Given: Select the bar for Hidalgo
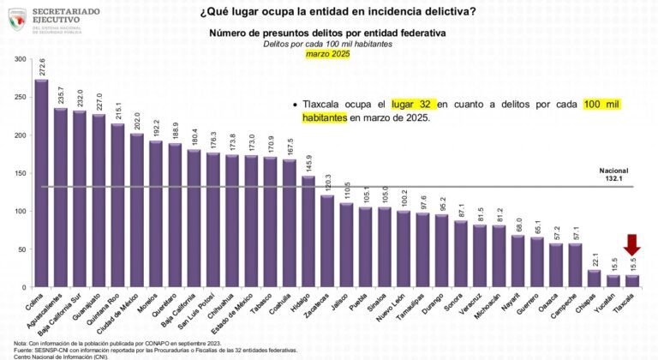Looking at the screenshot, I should [x=308, y=231].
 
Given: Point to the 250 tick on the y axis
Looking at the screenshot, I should [x=20, y=98].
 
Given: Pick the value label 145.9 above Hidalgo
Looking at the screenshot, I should [x=308, y=163].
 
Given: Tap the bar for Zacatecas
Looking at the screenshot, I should [x=327, y=241].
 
